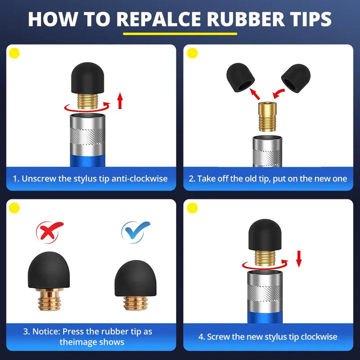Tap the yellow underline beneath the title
180,34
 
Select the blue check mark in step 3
135,231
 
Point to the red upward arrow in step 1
120,101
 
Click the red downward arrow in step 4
298,259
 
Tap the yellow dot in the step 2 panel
192,53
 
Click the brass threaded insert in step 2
267,117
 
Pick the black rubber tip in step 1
87,78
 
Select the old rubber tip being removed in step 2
240,77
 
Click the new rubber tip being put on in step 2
295,78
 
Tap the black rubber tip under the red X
48,270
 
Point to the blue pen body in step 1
87,160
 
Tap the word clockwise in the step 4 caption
319,337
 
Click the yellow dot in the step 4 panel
192,208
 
